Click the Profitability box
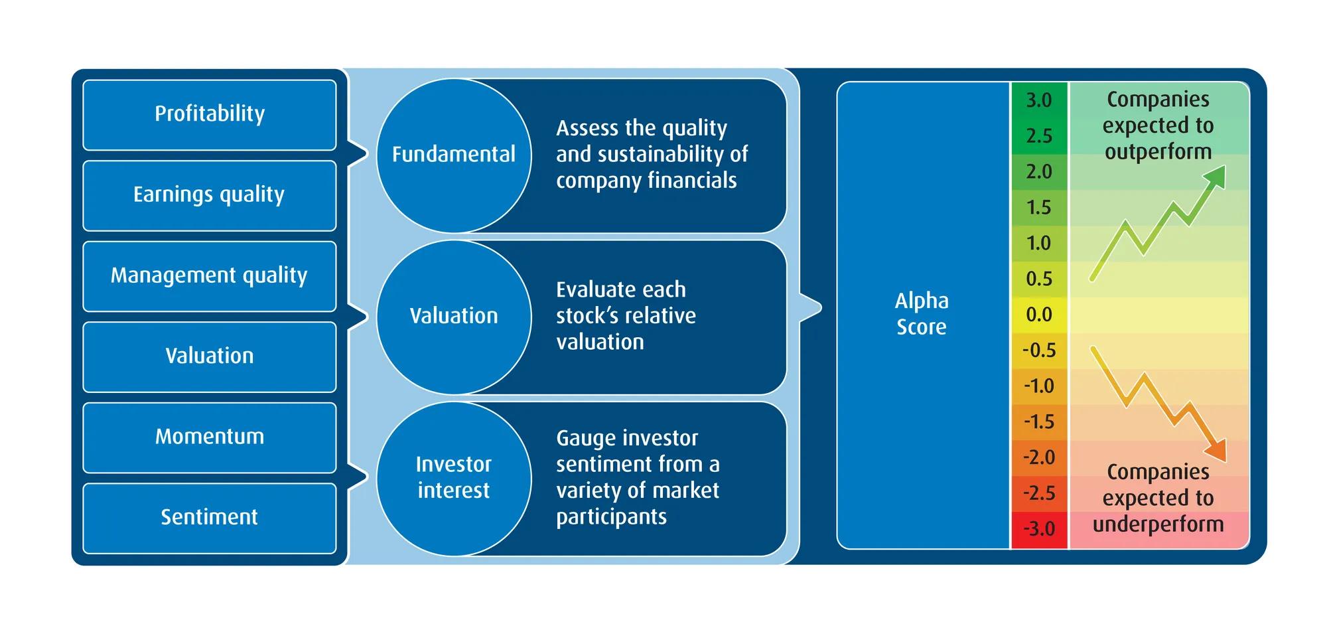pos(209,114)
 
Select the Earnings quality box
pos(209,195)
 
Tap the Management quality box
pos(209,275)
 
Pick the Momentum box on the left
pos(209,437)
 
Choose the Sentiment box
pos(209,517)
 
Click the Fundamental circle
pos(454,155)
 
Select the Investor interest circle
pos(454,477)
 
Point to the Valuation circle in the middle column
pos(454,316)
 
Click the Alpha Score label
pos(922,313)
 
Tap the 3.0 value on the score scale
pos(1039,100)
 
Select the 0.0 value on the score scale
pos(1039,314)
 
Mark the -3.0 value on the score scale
pos(1039,529)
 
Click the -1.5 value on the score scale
pos(1039,422)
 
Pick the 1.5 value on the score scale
pos(1039,207)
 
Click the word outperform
pos(1158,152)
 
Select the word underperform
pos(1158,524)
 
